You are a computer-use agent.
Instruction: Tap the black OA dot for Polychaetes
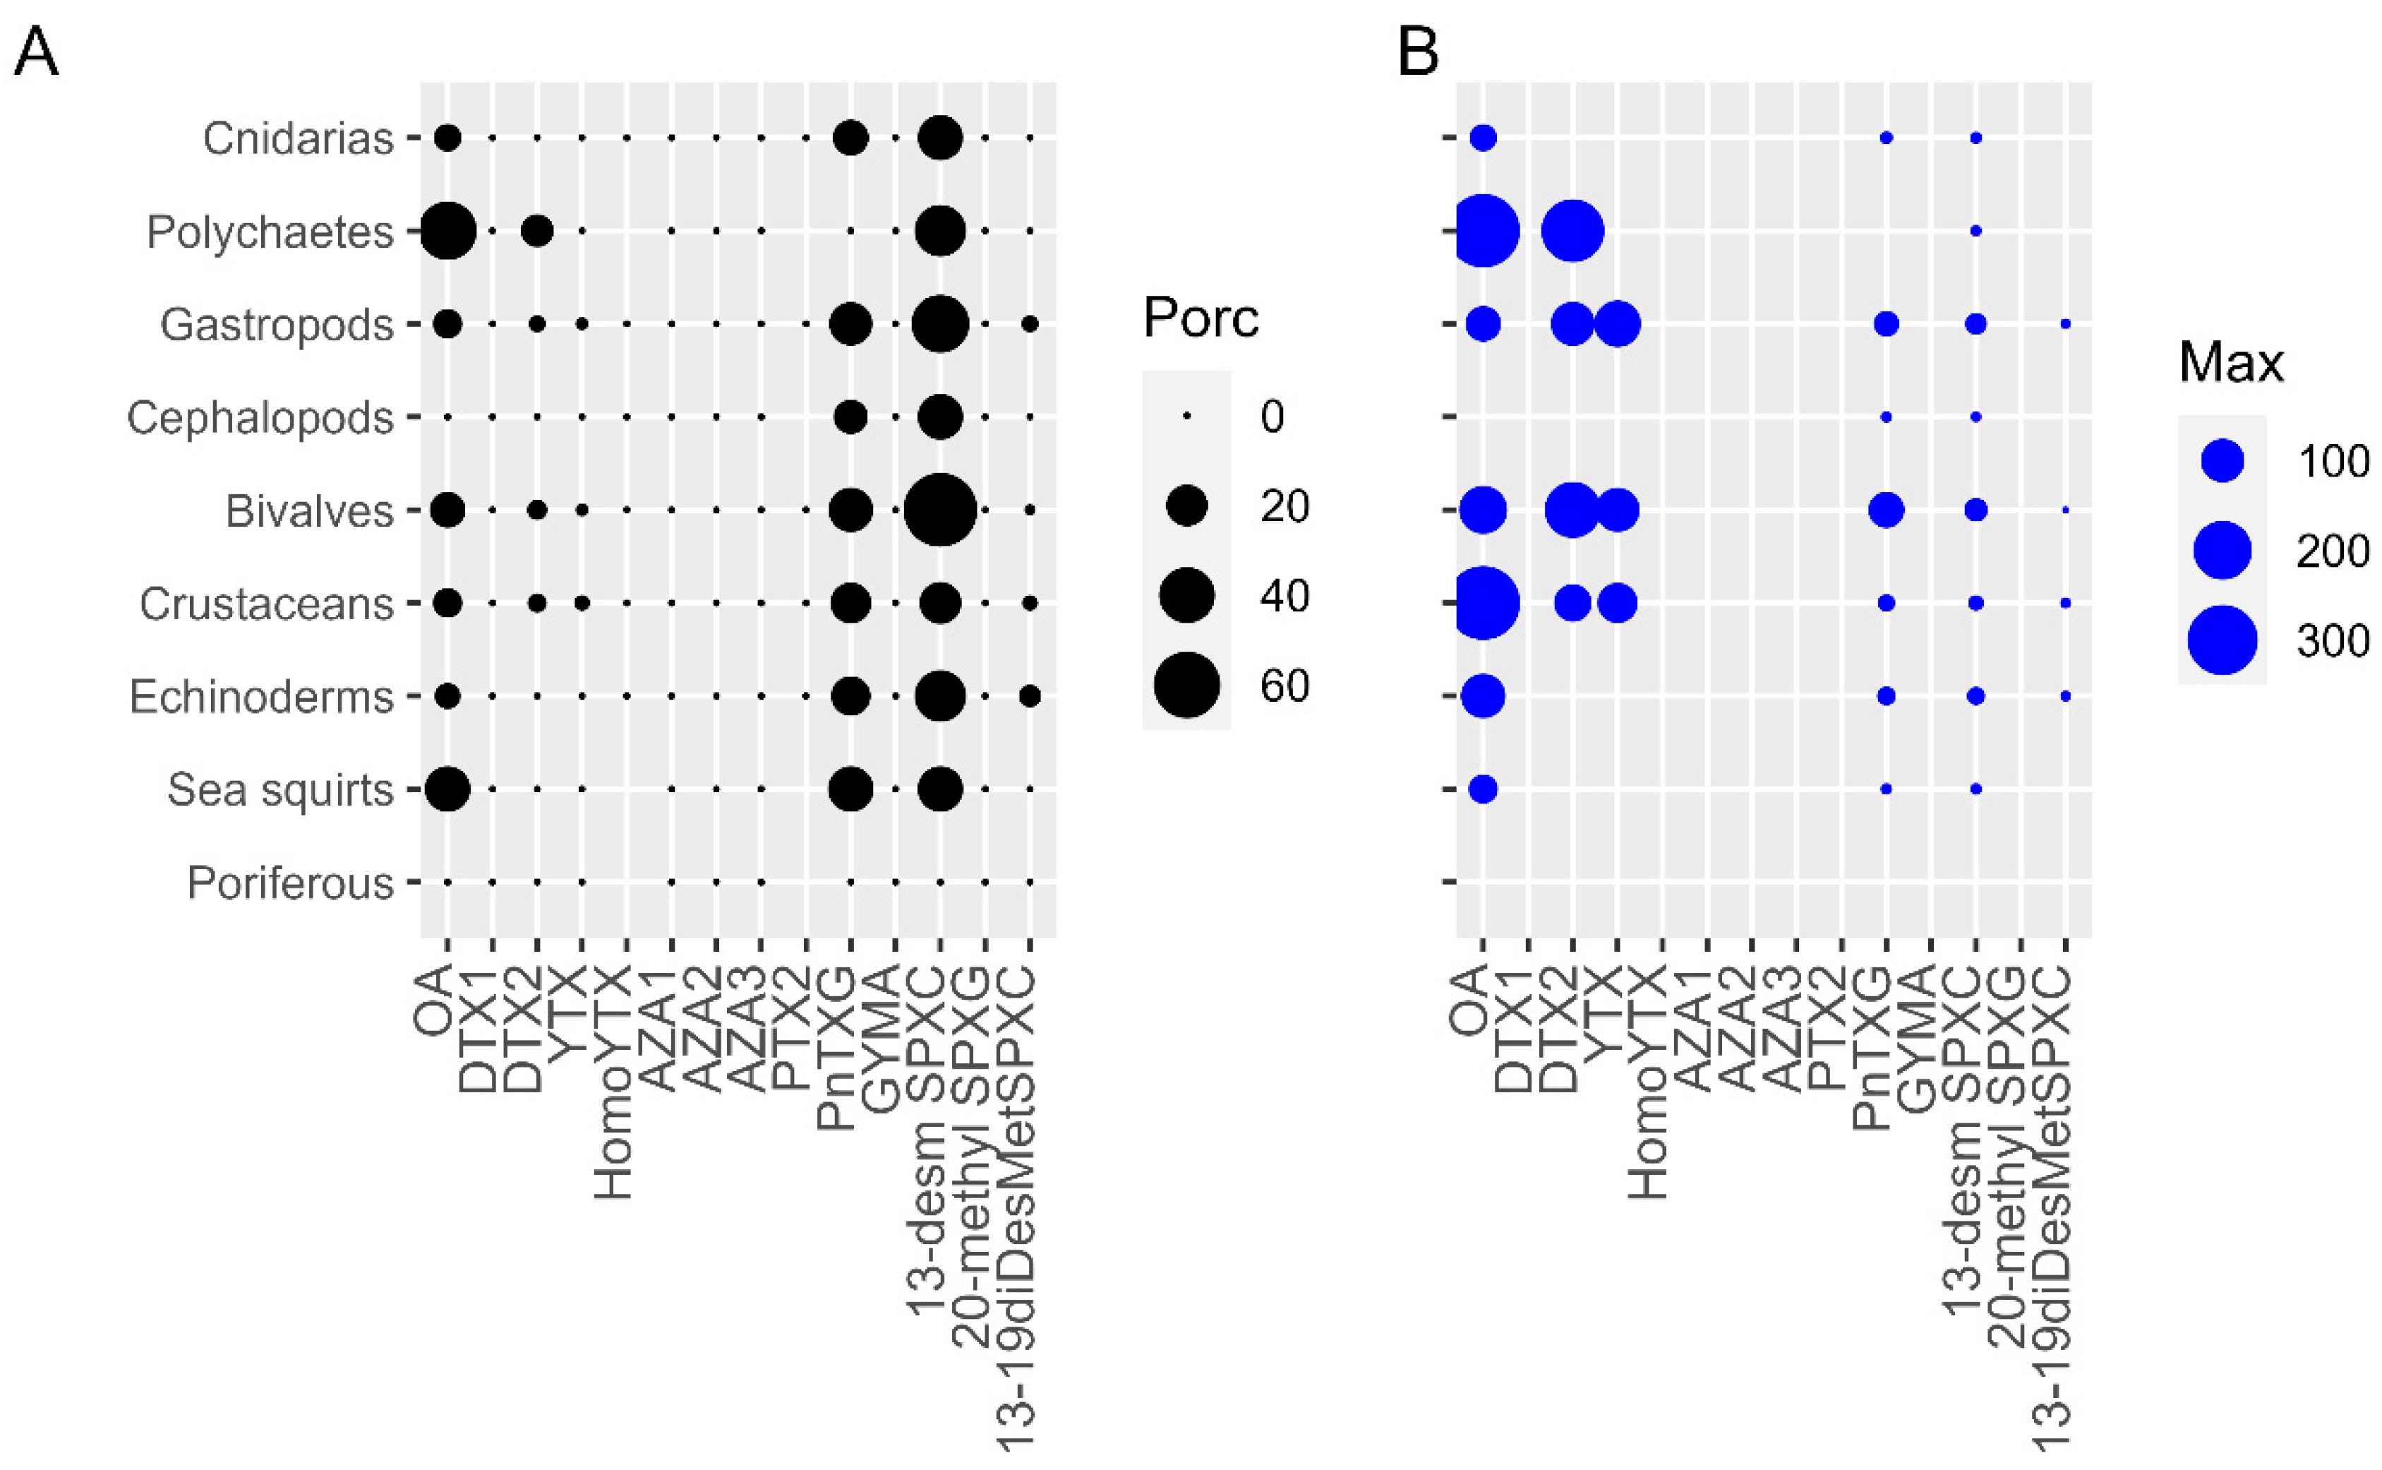447,232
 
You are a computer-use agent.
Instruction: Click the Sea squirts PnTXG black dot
850,789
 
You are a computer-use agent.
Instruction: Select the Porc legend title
1201,318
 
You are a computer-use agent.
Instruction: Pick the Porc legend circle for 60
1186,686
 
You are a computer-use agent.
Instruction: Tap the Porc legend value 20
1284,506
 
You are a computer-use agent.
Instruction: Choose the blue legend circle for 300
2222,640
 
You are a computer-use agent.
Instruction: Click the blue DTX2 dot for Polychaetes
1572,232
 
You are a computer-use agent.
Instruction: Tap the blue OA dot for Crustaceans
1482,603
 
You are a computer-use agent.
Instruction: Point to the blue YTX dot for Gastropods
1617,324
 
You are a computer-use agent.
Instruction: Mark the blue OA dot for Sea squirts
1482,789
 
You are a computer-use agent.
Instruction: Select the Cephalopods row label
260,418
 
